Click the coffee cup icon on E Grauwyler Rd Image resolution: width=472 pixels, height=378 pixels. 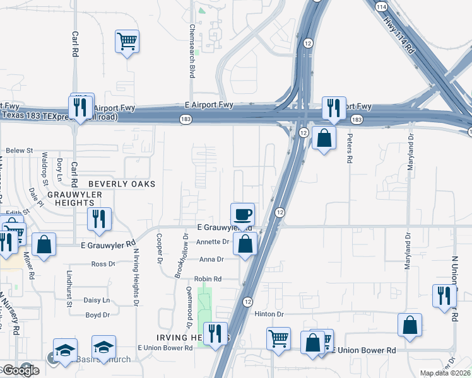coord(242,214)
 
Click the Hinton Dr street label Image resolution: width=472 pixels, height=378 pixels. coord(271,313)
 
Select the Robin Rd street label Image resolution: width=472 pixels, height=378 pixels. coord(208,278)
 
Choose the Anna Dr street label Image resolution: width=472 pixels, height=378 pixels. coord(211,260)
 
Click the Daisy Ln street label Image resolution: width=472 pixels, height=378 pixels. coord(97,301)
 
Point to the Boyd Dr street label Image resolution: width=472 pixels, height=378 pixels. coord(98,314)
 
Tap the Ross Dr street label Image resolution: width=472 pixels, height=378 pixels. coord(103,264)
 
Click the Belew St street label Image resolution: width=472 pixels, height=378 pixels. coord(19,151)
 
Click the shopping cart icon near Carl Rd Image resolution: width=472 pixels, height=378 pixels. coord(127,42)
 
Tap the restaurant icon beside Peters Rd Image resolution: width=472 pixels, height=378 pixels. coord(332,108)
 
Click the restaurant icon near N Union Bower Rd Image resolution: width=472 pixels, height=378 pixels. coord(444,295)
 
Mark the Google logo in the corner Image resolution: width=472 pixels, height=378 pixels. coord(20,370)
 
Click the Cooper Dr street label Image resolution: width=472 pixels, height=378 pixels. coord(158,249)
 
